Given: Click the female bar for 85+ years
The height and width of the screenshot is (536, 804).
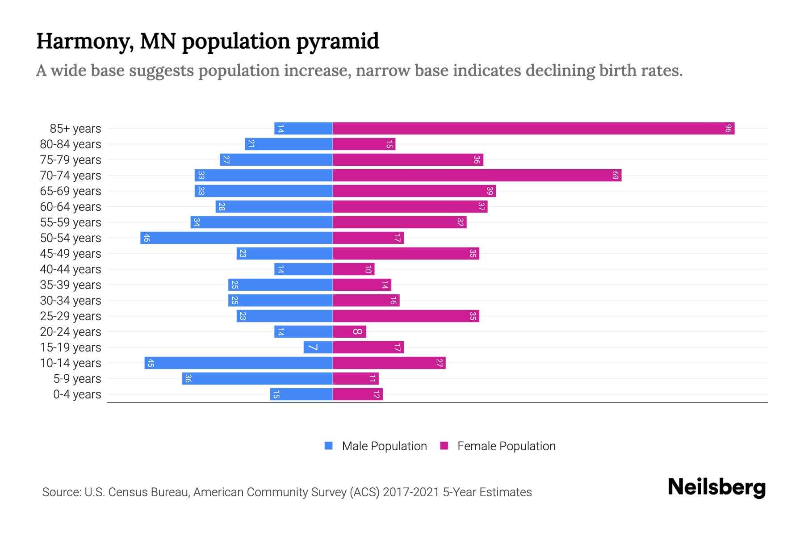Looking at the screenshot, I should click(x=533, y=129).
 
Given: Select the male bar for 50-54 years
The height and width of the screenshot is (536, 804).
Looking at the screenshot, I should click(x=236, y=238).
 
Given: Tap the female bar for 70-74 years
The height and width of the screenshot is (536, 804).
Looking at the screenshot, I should click(x=477, y=176).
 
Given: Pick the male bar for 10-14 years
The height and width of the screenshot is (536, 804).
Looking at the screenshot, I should click(x=239, y=363).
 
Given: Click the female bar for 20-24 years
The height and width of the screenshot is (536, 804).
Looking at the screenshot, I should click(x=349, y=332).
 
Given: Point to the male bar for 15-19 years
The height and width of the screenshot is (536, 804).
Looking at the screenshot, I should click(x=318, y=348).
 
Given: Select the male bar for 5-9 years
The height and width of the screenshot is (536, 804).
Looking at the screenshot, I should click(x=257, y=379).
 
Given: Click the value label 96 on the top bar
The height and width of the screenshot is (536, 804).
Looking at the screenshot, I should click(x=728, y=129).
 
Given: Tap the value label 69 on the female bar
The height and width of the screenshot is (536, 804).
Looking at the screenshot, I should click(x=615, y=176).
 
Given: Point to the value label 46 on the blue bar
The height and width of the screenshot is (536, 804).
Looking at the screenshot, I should click(x=147, y=238).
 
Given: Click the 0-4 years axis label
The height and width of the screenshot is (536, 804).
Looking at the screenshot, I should click(x=77, y=394).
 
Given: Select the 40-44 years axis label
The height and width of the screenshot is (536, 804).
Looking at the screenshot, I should click(x=71, y=269).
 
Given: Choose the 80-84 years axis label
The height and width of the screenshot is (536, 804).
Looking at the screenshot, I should click(x=71, y=144).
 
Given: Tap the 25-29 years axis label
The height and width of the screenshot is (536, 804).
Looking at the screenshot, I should click(x=71, y=316).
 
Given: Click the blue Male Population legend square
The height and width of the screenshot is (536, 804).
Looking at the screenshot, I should click(x=329, y=446).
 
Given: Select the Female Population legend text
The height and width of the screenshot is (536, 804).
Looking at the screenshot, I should click(x=506, y=446).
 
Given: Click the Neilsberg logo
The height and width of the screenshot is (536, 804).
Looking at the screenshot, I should click(x=716, y=487).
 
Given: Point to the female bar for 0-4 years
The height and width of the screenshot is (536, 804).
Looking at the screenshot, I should click(x=358, y=394).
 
